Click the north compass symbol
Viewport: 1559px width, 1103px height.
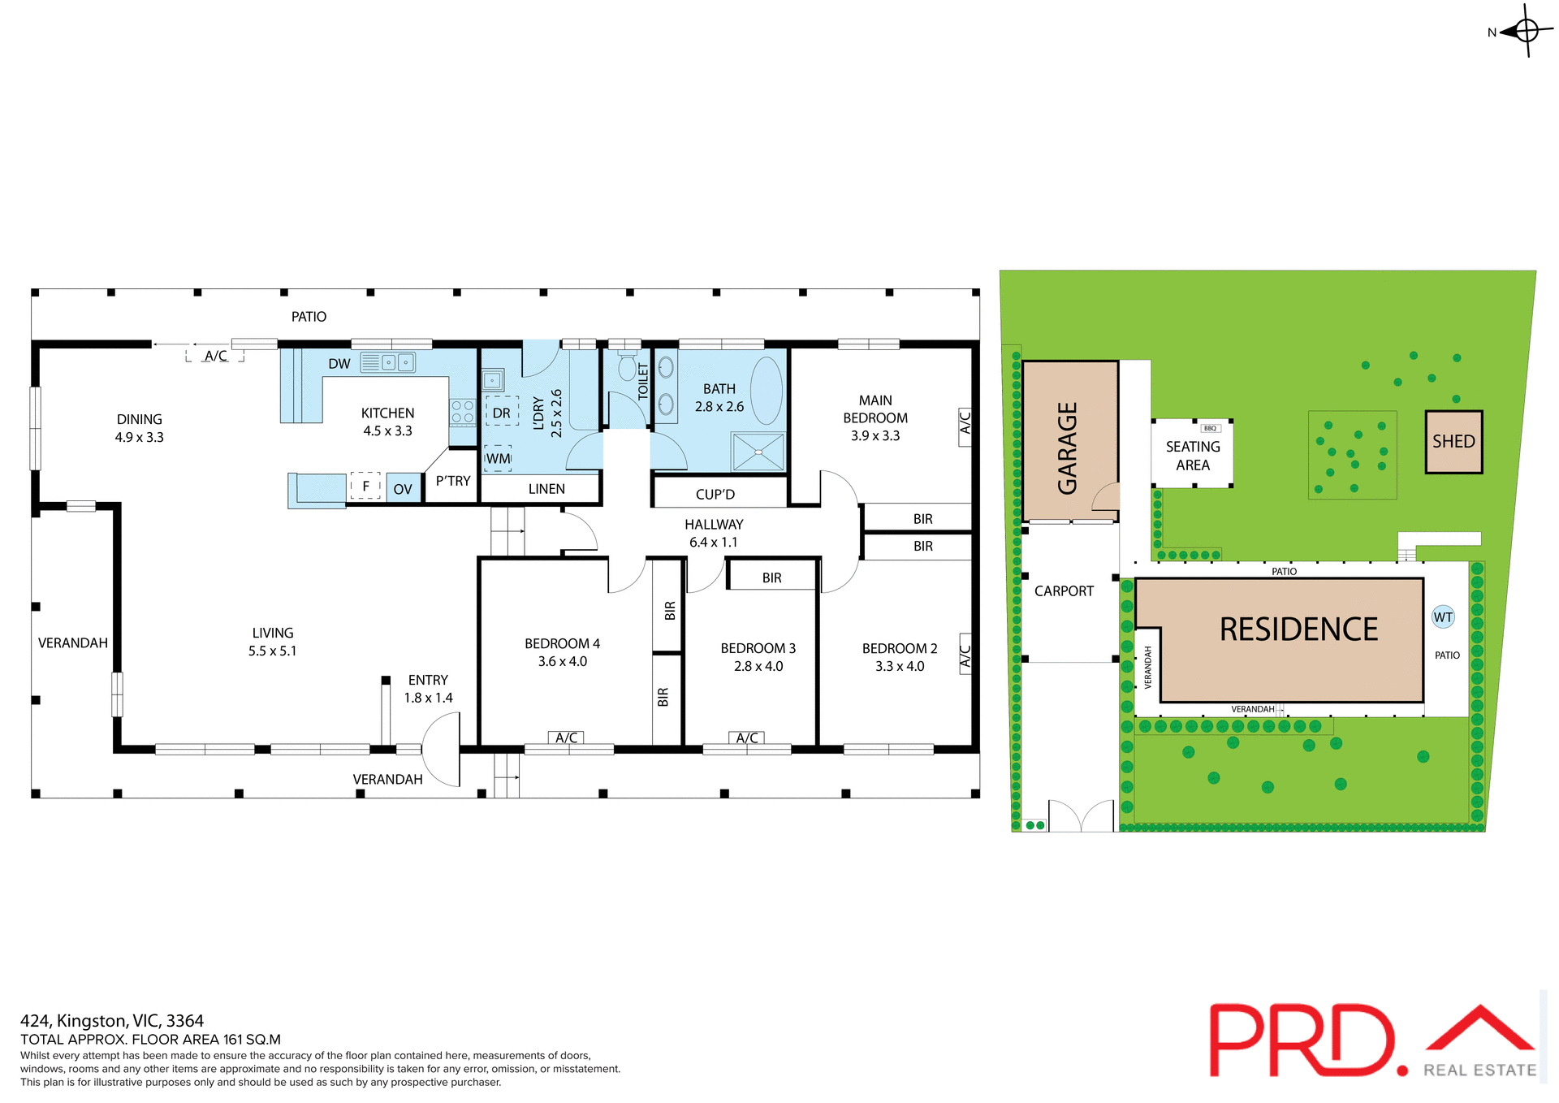coord(1525,32)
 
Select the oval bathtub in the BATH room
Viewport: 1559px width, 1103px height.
coord(767,391)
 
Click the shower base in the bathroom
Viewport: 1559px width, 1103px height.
coord(758,452)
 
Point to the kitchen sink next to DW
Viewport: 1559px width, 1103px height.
coord(388,362)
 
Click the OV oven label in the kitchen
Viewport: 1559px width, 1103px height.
coord(403,489)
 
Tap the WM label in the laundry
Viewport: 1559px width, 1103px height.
coord(498,458)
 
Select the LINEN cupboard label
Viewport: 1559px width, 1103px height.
coord(546,489)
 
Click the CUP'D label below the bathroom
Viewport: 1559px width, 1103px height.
coord(715,494)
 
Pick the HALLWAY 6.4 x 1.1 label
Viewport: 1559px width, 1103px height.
coord(714,533)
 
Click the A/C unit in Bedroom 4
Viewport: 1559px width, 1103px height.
coord(566,737)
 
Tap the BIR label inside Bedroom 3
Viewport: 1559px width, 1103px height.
coord(771,577)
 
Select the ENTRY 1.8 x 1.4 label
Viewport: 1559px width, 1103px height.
coord(428,688)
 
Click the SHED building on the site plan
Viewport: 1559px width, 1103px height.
coord(1453,442)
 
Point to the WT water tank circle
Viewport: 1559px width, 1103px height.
coord(1443,617)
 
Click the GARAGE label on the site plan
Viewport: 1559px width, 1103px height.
coord(1068,448)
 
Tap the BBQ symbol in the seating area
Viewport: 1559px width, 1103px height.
coord(1210,428)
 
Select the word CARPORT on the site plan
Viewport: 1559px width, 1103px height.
coord(1064,591)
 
